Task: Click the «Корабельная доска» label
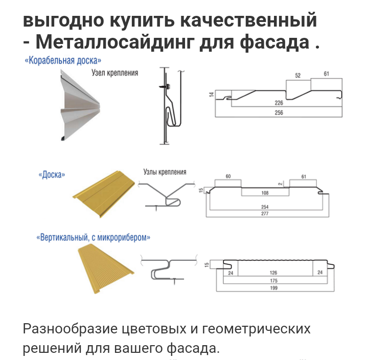pos(63,60)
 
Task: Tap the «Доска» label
pos(52,175)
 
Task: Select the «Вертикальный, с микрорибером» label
pos(94,237)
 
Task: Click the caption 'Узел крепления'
pos(114,73)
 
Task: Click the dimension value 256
pos(279,112)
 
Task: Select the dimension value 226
pos(279,103)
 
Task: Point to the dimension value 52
pos(298,75)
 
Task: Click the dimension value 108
pos(265,193)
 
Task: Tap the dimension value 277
pos(265,213)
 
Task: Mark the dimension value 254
pos(265,207)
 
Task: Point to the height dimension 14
pos(210,95)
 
